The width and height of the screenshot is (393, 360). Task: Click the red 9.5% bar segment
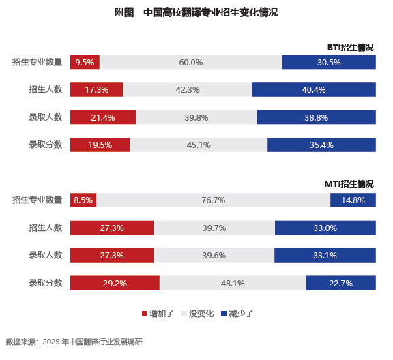(85, 62)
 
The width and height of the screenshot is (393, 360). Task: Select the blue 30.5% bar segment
(329, 62)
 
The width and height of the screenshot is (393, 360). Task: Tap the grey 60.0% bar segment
(191, 62)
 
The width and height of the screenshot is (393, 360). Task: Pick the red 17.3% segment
(97, 89)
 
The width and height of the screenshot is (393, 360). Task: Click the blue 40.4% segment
(314, 89)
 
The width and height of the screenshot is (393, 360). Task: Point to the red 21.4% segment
(103, 117)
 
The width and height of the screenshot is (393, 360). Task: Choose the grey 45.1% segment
(199, 145)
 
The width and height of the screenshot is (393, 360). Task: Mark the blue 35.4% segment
(321, 145)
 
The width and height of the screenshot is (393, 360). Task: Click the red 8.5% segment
(83, 200)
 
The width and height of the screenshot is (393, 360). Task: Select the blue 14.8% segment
(353, 200)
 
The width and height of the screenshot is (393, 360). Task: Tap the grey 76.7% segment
(214, 200)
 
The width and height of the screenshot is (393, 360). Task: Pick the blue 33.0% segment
(325, 228)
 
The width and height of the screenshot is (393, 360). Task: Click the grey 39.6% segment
(214, 255)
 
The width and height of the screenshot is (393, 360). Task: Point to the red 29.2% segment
(115, 283)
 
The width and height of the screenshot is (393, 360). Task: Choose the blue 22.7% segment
(341, 283)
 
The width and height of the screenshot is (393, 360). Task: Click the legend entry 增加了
(158, 314)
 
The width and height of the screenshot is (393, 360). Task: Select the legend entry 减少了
(237, 314)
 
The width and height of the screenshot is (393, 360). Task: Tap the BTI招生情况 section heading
(351, 47)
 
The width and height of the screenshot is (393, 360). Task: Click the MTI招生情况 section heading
(349, 184)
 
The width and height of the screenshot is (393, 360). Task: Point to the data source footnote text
(74, 342)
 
